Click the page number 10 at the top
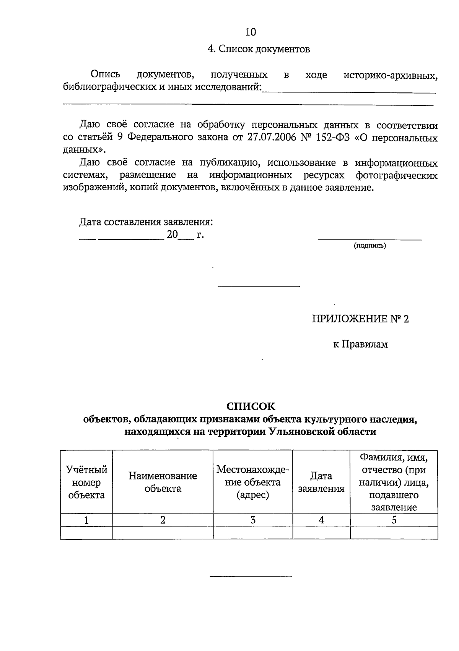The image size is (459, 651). click(x=251, y=32)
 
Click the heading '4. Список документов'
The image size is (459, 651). click(x=258, y=49)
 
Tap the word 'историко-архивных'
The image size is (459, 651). click(x=391, y=75)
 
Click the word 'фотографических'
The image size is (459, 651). click(x=397, y=175)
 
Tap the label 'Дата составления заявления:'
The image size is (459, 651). click(x=146, y=222)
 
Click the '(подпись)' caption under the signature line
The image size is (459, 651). click(x=369, y=246)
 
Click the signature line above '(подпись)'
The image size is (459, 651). click(x=369, y=240)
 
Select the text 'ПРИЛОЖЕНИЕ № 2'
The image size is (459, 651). click(x=360, y=319)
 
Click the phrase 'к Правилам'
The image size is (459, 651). click(x=360, y=345)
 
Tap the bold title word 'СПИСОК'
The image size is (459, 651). click(x=251, y=406)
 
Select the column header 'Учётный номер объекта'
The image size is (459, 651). click(x=86, y=483)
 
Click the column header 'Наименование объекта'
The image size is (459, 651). click(x=163, y=482)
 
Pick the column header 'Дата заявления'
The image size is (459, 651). click(x=321, y=482)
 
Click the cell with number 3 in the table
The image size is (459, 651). click(x=253, y=520)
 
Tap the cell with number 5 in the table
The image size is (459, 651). click(x=394, y=520)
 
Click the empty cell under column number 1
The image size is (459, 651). click(x=86, y=533)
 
